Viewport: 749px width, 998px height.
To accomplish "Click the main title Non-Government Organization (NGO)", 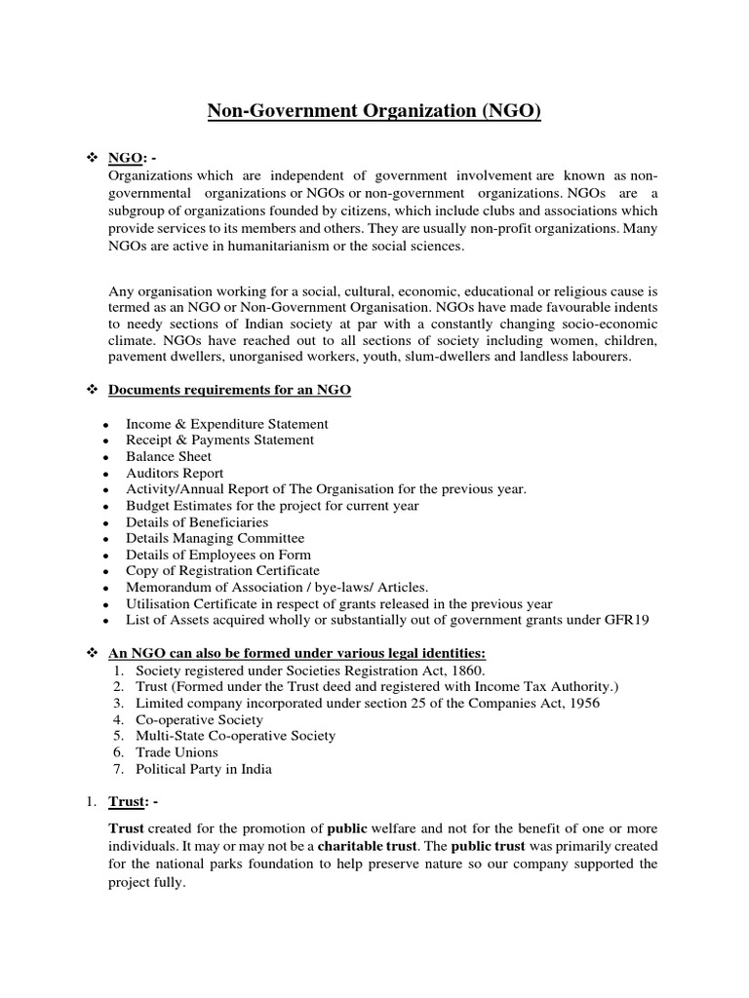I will (374, 110).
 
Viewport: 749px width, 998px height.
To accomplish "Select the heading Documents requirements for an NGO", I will (229, 390).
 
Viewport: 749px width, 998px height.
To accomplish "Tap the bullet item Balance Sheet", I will (168, 456).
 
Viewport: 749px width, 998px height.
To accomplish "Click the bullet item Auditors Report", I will (175, 473).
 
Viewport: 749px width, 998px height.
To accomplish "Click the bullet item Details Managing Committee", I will (215, 538).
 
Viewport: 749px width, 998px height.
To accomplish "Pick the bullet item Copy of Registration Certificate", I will (222, 570).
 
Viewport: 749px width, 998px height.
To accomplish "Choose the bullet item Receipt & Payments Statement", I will (219, 440).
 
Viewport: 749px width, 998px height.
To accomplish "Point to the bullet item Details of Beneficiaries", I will (197, 521).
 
